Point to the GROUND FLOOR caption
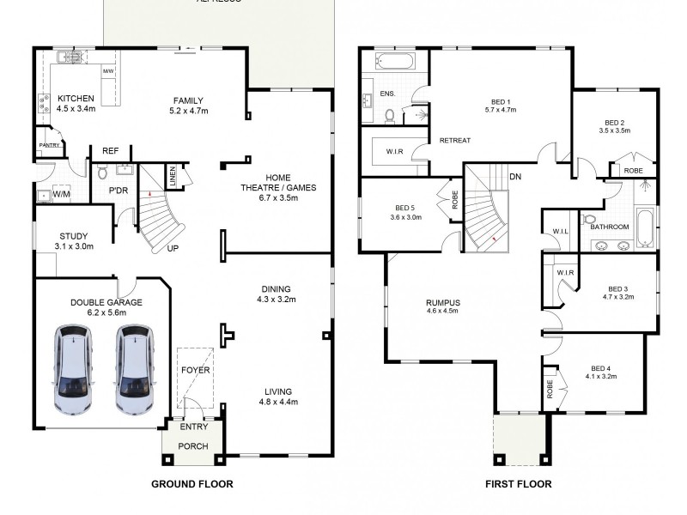(192, 484)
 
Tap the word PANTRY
(48, 146)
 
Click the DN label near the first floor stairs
(515, 177)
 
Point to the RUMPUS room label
(443, 302)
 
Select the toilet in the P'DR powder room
(103, 173)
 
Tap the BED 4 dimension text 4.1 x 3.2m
(602, 376)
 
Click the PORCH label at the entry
(192, 445)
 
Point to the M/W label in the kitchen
(108, 70)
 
